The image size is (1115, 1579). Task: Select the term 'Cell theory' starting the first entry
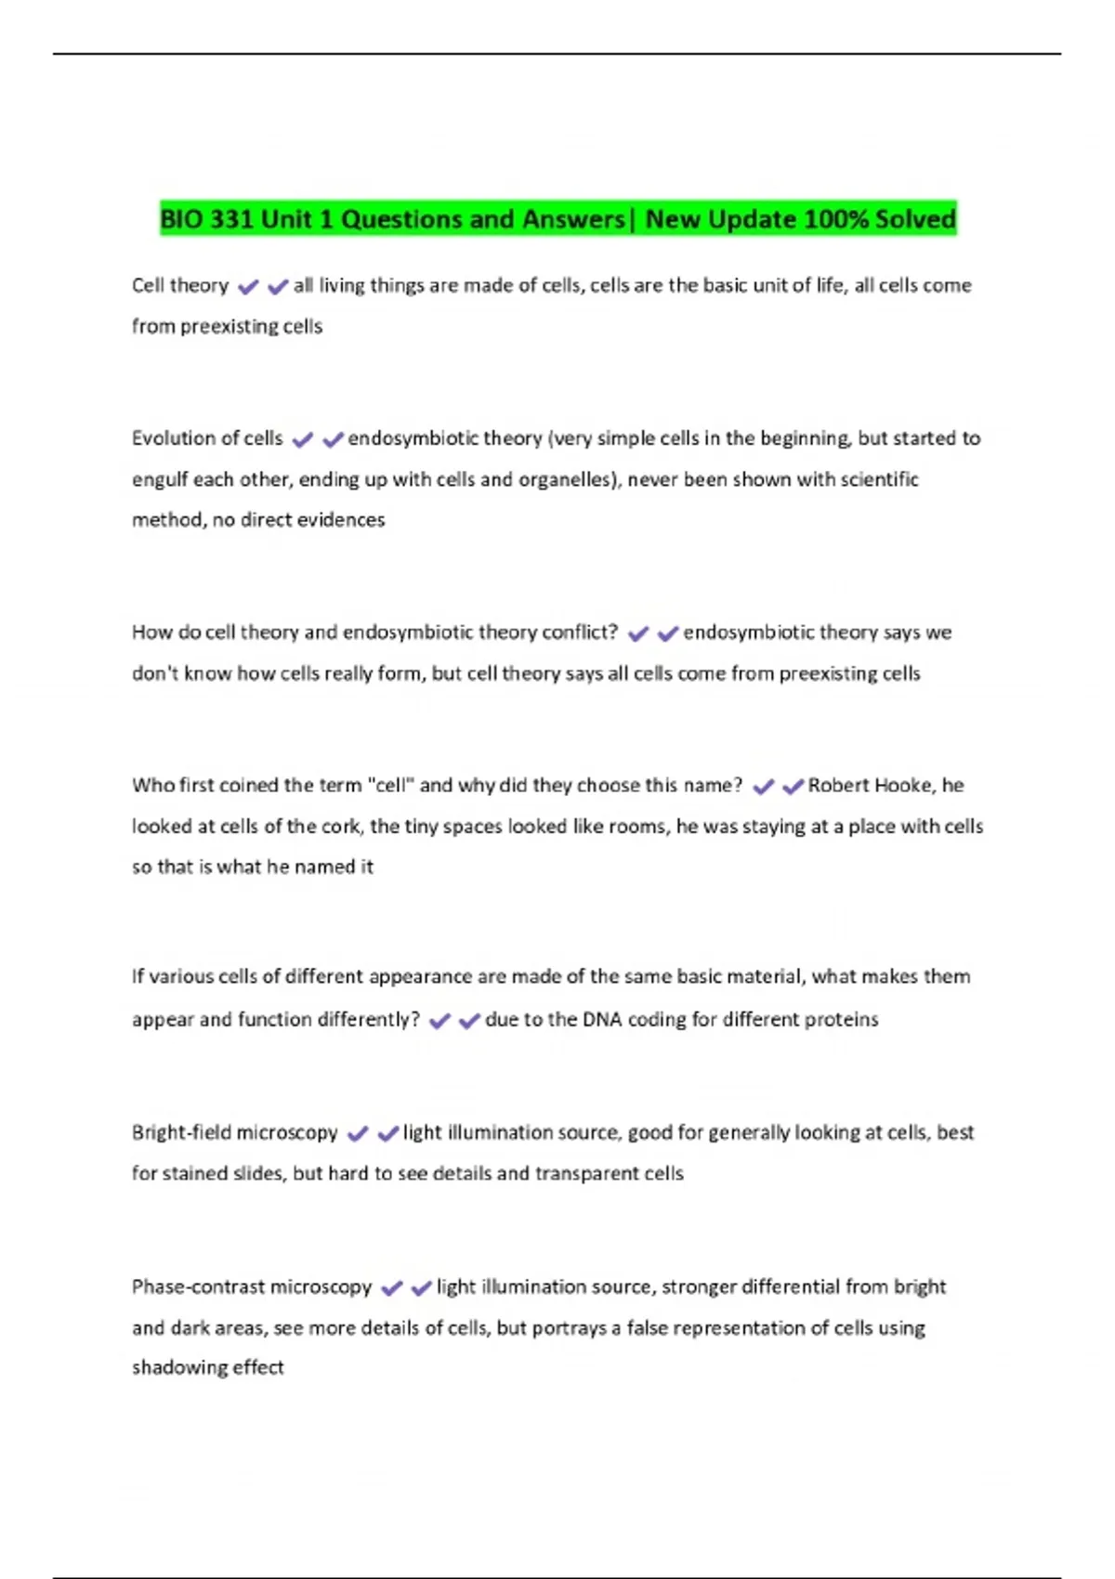pyautogui.click(x=180, y=286)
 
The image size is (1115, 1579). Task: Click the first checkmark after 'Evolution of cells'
pyautogui.click(x=303, y=439)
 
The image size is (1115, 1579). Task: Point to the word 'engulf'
pyautogui.click(x=160, y=480)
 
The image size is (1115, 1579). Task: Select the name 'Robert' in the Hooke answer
pyautogui.click(x=840, y=786)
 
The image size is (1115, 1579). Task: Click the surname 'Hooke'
pyautogui.click(x=904, y=786)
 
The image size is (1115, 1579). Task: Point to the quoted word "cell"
pyautogui.click(x=390, y=786)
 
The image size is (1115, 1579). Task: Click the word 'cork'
pyautogui.click(x=340, y=827)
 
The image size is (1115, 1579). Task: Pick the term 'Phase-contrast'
pyautogui.click(x=192, y=1287)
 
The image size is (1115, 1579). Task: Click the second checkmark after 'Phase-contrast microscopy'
pyautogui.click(x=422, y=1288)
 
